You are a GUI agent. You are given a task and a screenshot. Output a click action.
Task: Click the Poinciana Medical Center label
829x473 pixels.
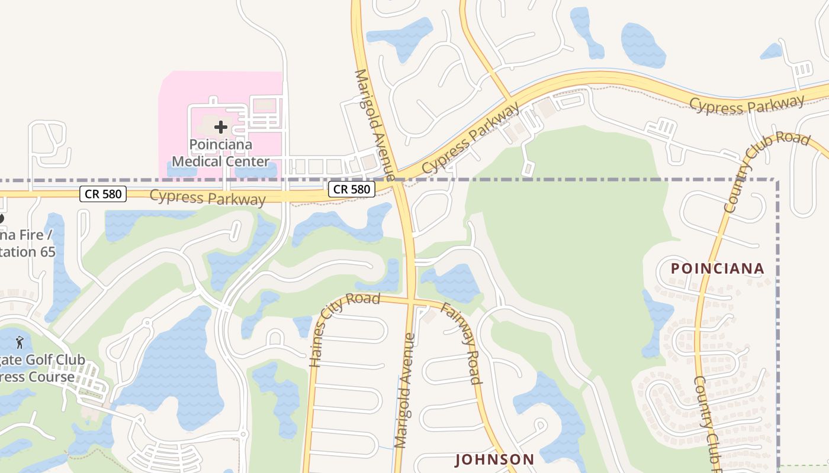pos(220,153)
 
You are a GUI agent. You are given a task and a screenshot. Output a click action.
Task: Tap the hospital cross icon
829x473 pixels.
pos(221,127)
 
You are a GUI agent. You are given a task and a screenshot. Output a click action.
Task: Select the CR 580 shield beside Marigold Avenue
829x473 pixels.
pos(352,189)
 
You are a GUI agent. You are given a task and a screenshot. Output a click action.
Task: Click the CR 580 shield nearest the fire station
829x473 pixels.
pos(103,193)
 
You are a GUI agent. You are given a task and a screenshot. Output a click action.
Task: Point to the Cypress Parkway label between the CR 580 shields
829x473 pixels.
pos(208,197)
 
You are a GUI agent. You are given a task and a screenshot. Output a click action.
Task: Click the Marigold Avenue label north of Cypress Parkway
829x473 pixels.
pos(374,124)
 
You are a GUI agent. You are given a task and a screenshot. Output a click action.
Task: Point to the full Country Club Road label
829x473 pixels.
pos(766,171)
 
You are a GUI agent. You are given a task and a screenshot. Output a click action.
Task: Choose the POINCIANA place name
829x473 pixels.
pos(717,268)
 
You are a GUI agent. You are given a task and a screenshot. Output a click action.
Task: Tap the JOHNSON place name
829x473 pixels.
pos(494,459)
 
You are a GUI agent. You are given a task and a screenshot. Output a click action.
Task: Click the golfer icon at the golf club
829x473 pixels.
pos(20,342)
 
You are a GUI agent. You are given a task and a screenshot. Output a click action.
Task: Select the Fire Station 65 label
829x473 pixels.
pos(27,244)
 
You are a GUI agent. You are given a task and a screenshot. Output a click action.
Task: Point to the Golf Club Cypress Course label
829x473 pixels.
pos(41,368)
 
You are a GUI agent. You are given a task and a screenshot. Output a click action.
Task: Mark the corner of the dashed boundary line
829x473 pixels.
pos(777,180)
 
